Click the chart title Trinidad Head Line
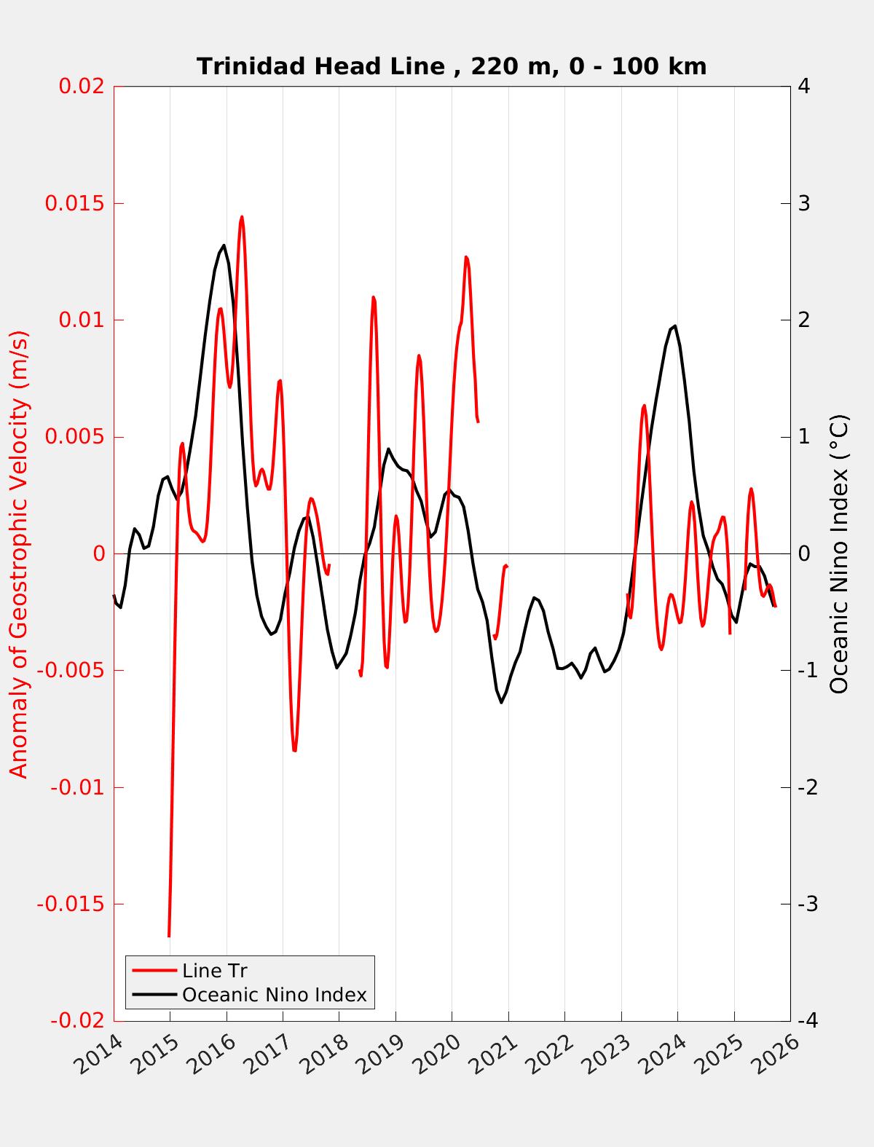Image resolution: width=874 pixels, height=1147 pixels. [452, 66]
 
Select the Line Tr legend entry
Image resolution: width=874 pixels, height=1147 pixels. [215, 971]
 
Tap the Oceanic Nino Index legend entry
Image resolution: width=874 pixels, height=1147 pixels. [274, 995]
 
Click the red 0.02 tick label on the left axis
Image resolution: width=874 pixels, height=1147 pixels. [82, 86]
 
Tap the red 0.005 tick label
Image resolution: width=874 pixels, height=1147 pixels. [76, 437]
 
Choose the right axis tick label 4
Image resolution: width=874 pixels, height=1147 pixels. [804, 86]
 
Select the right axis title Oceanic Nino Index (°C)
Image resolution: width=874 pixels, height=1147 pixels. [839, 553]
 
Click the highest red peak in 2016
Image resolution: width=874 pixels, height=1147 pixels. [242, 216]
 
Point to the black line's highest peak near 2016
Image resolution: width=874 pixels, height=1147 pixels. [224, 245]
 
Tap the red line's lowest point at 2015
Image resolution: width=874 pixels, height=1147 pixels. [169, 936]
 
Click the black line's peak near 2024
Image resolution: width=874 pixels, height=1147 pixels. [675, 326]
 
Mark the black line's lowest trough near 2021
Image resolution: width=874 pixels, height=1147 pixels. [501, 702]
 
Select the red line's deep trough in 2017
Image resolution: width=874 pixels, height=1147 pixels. [294, 750]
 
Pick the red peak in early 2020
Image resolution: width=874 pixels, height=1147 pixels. [466, 257]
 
